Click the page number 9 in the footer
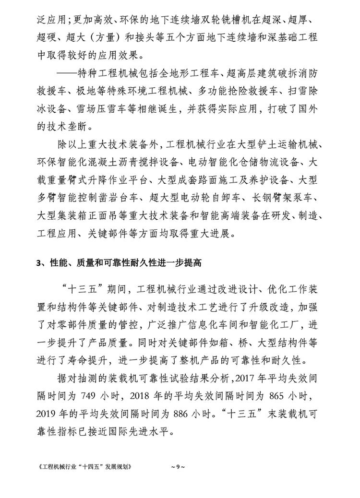pos(174,466)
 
